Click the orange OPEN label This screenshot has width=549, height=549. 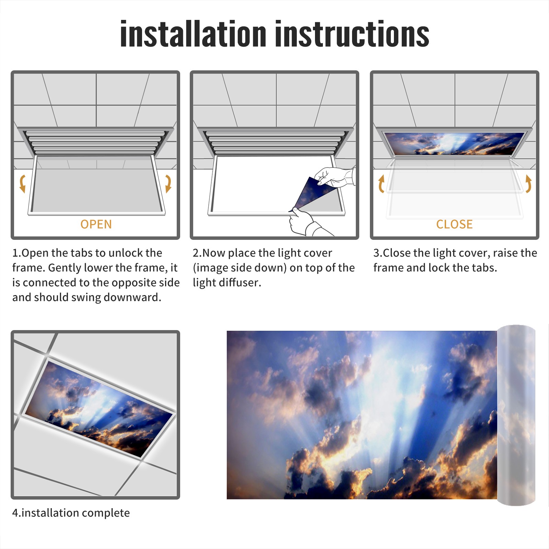(96, 224)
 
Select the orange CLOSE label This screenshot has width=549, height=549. (454, 224)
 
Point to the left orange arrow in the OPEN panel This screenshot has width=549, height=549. (22, 184)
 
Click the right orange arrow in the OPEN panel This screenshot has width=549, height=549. (168, 184)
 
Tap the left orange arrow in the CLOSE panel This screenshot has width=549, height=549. (381, 184)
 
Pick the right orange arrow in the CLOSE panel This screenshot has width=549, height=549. (528, 184)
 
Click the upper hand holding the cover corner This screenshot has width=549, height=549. (335, 177)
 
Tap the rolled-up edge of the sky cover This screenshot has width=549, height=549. (516, 415)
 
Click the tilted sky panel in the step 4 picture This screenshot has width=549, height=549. (100, 408)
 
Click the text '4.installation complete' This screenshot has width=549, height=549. (71, 513)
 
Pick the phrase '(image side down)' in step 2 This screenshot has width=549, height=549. (240, 268)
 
